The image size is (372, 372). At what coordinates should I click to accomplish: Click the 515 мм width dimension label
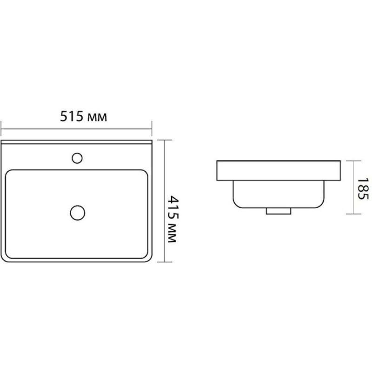click(x=83, y=117)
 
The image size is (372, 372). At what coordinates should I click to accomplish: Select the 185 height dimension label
click(x=363, y=188)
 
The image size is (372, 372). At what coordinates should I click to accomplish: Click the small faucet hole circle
click(x=77, y=158)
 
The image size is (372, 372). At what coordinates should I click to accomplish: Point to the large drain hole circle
click(x=78, y=213)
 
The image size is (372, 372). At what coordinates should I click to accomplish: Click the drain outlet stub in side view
click(x=279, y=211)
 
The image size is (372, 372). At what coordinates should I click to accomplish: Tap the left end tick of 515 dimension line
click(x=1, y=129)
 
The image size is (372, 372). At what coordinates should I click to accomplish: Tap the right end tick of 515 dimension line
click(x=152, y=129)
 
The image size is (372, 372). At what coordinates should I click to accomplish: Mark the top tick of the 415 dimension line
click(x=165, y=140)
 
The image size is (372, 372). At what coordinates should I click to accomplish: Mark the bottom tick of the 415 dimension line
click(x=165, y=262)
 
